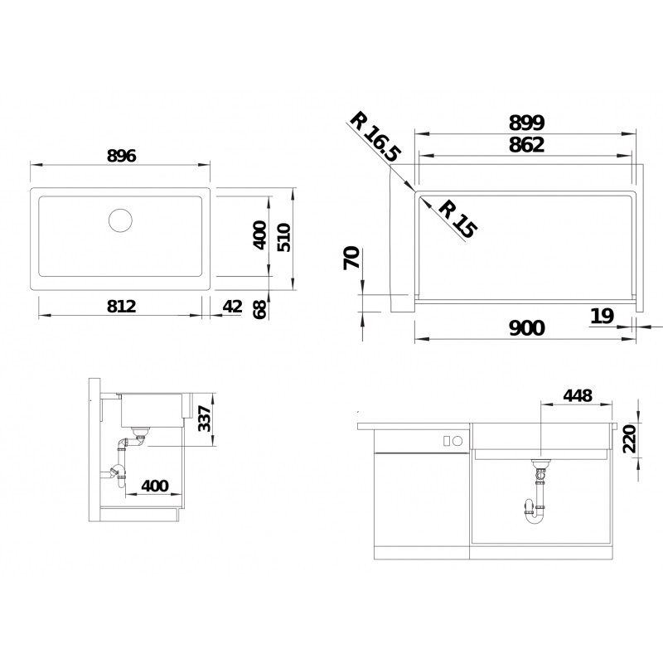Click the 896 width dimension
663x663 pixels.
pos(120,155)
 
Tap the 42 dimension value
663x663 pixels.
pos(233,306)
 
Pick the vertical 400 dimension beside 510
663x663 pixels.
pos(259,235)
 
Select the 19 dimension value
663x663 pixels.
pos(603,315)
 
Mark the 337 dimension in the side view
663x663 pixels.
pos(206,419)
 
